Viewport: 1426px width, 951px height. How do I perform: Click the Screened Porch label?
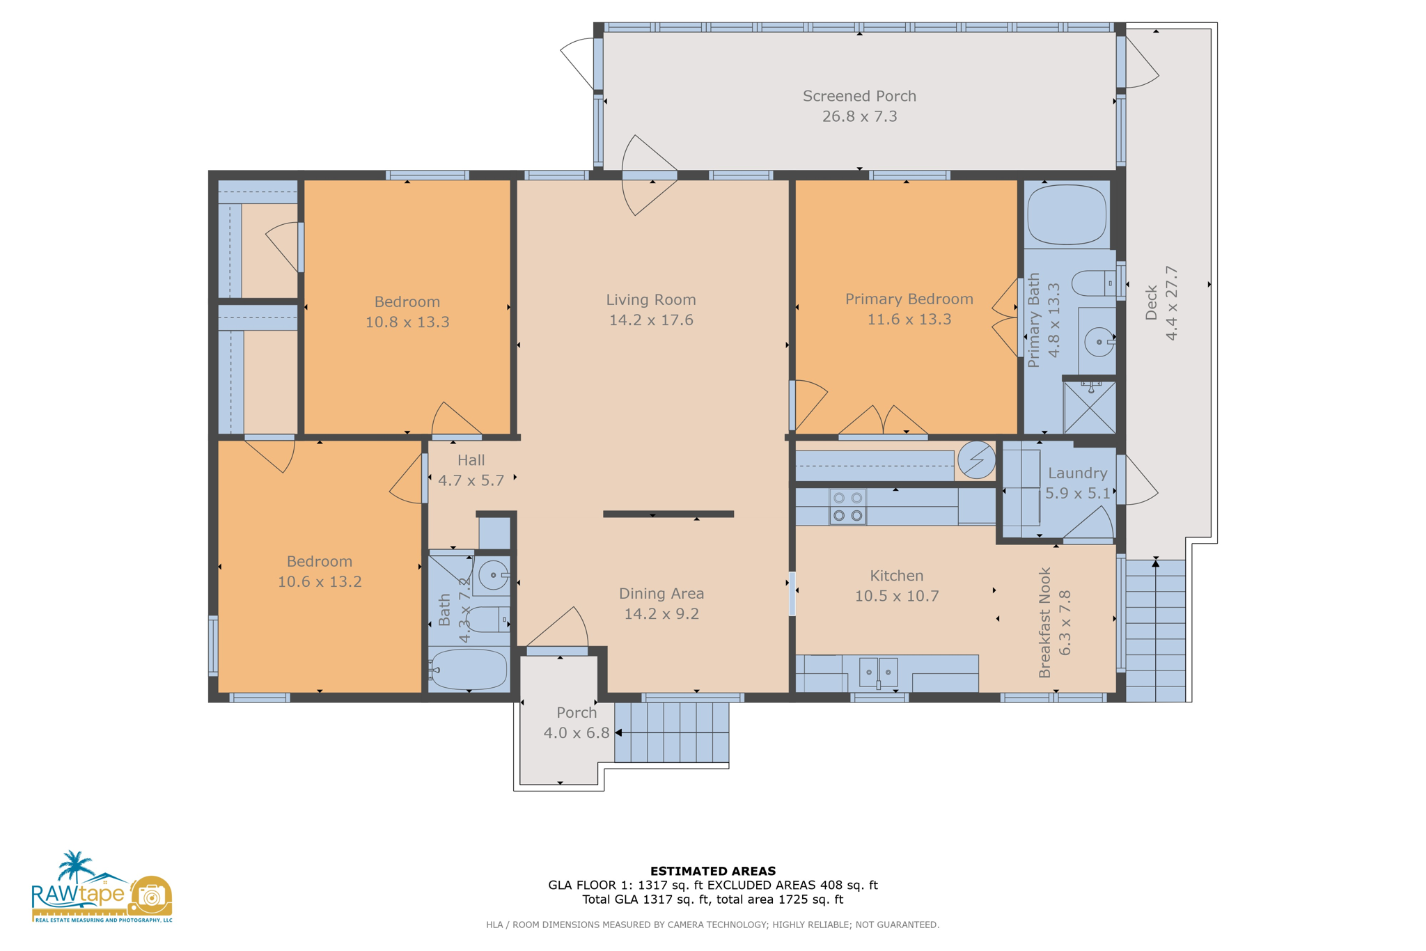pyautogui.click(x=859, y=96)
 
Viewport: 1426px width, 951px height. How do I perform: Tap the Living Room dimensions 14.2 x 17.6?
pyautogui.click(x=650, y=320)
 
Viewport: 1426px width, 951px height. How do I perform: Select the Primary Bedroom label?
pyautogui.click(x=909, y=299)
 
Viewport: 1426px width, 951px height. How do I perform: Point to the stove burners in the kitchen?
pyautogui.click(x=847, y=507)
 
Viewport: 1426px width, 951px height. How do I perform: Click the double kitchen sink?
pyautogui.click(x=878, y=673)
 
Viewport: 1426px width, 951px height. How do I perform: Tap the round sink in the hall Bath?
pyautogui.click(x=494, y=575)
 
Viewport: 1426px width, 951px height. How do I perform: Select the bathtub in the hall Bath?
pyautogui.click(x=469, y=669)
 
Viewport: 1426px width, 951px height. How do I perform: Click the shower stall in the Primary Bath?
pyautogui.click(x=1090, y=407)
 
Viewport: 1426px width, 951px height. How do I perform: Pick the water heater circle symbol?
pyautogui.click(x=976, y=459)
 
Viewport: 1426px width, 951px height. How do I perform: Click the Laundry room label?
pyautogui.click(x=1077, y=473)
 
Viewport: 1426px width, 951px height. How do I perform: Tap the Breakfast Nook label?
pyautogui.click(x=1044, y=622)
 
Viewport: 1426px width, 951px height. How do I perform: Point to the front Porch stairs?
pyautogui.click(x=671, y=732)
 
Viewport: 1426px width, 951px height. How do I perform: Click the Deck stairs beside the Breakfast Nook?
pyautogui.click(x=1155, y=631)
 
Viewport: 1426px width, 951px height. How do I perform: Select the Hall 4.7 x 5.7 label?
pyautogui.click(x=471, y=470)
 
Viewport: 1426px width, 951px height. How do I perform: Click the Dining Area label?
pyautogui.click(x=661, y=594)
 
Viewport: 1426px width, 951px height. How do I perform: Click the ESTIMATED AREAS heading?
pyautogui.click(x=712, y=871)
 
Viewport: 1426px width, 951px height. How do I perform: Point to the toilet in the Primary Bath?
pyautogui.click(x=1093, y=283)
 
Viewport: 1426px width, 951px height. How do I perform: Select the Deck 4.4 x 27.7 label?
pyautogui.click(x=1161, y=304)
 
